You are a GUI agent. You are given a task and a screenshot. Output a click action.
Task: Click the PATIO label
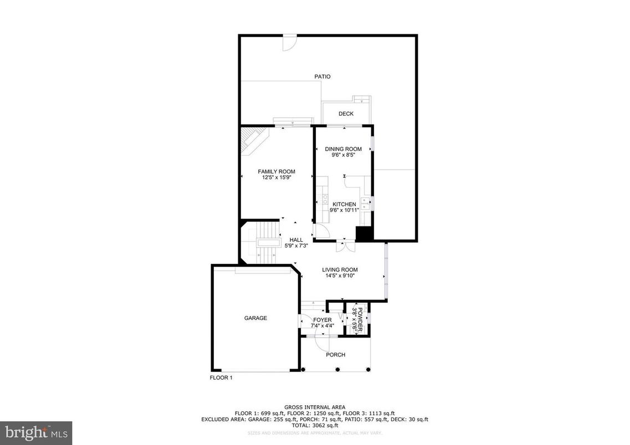322,77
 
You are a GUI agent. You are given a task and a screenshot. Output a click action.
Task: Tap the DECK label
346,114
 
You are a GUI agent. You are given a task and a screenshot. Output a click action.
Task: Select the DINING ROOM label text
343,149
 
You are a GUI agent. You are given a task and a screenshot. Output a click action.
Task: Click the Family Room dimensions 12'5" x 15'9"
276,178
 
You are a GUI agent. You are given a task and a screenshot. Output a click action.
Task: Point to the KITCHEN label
344,204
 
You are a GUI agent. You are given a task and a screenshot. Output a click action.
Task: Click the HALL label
296,240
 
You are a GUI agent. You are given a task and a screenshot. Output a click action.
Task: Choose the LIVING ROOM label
340,270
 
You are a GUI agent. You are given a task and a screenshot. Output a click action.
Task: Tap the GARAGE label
255,318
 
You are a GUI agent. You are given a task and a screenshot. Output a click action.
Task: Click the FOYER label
322,320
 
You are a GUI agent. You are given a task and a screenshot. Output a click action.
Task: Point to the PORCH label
335,355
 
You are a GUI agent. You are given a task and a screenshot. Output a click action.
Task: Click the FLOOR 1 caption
221,378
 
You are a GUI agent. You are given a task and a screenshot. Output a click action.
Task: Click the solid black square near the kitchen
363,234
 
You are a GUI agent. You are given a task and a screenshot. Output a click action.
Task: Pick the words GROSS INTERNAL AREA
315,406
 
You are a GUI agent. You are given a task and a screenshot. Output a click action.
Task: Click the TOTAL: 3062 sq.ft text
315,426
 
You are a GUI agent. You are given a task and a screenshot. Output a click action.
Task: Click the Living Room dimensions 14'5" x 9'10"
340,276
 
